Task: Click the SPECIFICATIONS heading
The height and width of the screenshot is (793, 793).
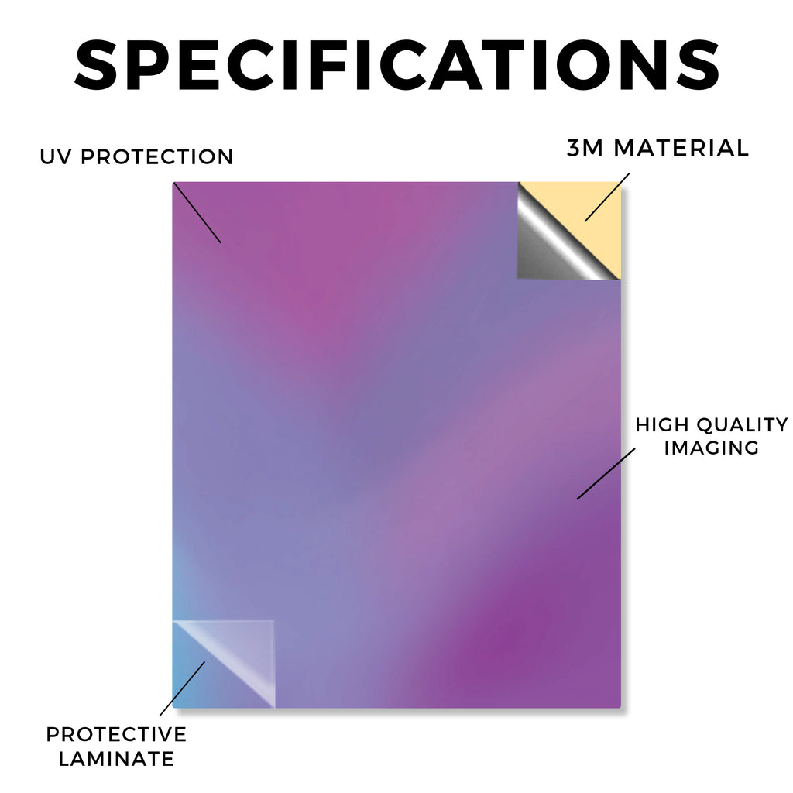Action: [397, 66]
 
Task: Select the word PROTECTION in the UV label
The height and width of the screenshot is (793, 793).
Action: [156, 156]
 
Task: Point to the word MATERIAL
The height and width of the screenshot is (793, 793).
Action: [681, 148]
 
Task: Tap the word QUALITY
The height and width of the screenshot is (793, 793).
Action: [742, 425]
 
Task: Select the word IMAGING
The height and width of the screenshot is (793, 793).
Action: [712, 448]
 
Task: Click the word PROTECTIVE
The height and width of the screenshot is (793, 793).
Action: [116, 734]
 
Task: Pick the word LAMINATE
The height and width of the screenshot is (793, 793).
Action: [116, 759]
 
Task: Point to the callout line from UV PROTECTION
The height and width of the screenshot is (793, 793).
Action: [197, 213]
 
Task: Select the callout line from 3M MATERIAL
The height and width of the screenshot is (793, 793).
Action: [607, 197]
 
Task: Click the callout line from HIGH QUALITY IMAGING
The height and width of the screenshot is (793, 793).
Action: [606, 474]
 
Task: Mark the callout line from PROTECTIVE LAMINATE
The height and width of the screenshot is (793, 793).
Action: [182, 688]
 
